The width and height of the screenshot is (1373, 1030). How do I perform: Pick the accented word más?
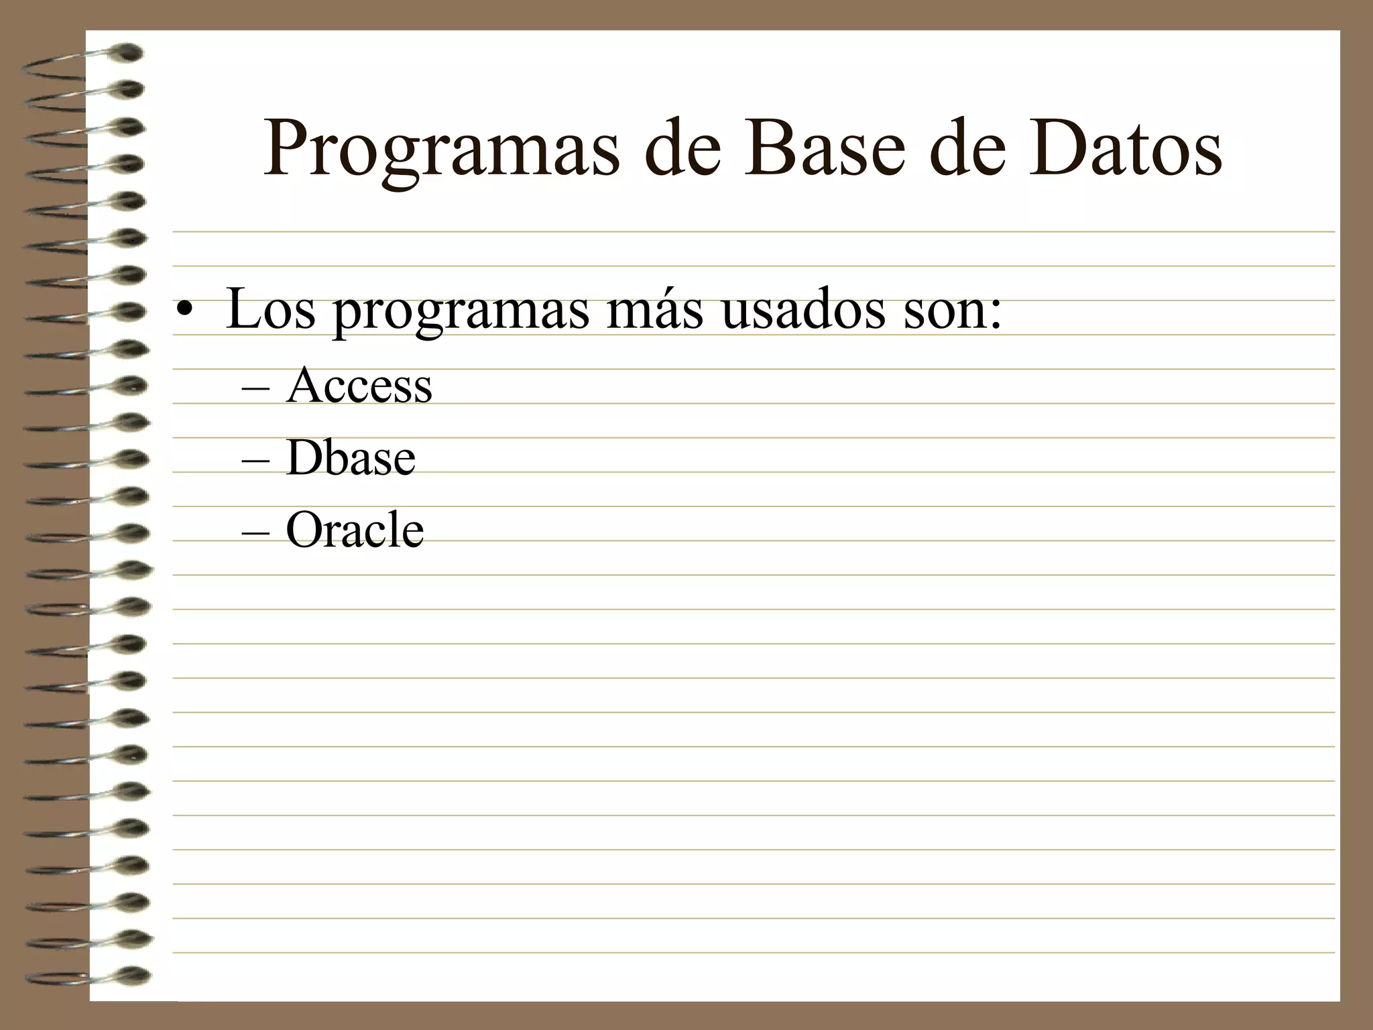(x=654, y=310)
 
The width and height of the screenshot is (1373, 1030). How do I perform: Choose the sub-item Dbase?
(x=350, y=458)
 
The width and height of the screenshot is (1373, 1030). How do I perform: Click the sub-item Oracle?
(x=354, y=530)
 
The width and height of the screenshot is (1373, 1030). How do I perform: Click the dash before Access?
(x=255, y=389)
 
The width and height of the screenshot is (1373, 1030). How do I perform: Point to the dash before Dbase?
(x=255, y=462)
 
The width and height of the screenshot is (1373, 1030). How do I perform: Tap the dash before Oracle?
(x=255, y=534)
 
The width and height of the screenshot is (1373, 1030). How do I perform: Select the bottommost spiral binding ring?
(x=131, y=976)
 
